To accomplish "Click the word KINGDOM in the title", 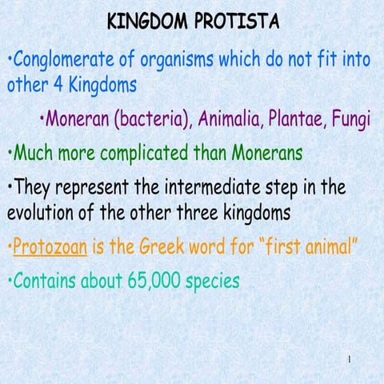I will coord(146,22).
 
